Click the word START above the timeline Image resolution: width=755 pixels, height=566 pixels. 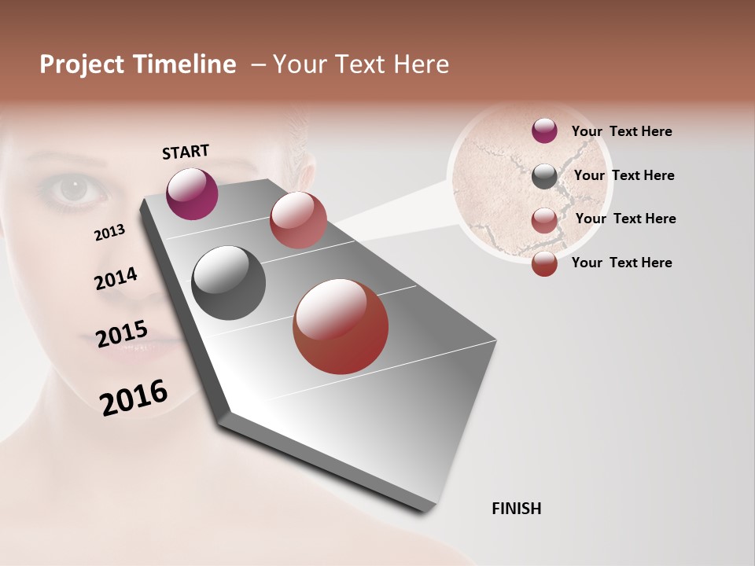[186, 152]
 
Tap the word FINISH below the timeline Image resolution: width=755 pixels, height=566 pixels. [517, 509]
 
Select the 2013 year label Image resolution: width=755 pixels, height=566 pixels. [109, 233]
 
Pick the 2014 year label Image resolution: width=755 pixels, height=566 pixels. [116, 279]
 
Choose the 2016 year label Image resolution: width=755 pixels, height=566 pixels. [134, 397]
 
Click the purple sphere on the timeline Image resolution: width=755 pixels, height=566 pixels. [192, 193]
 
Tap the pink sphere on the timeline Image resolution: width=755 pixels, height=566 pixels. [298, 220]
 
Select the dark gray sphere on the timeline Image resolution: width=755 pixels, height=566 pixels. [228, 283]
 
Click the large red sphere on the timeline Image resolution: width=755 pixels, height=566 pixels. [341, 326]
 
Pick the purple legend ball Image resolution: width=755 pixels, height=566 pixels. [544, 130]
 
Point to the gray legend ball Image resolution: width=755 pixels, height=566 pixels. [544, 176]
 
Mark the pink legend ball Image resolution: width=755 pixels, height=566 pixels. [544, 220]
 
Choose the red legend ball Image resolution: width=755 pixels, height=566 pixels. [544, 263]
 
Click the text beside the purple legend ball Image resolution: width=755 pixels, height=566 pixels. [621, 131]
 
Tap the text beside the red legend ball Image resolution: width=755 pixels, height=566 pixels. [621, 263]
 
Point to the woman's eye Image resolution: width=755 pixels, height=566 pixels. [72, 189]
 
